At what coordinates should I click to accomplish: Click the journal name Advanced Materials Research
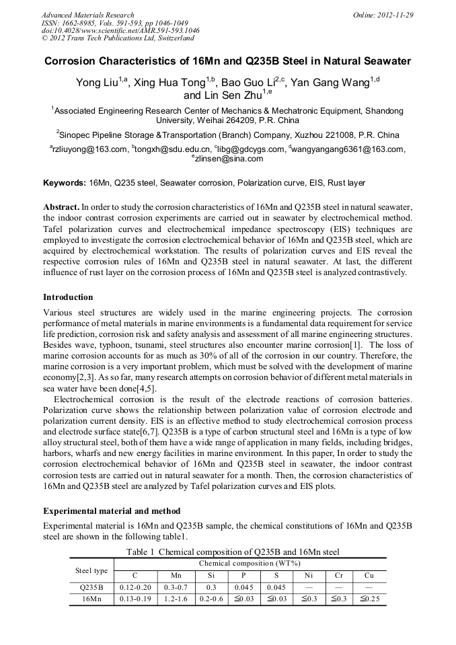coord(87,15)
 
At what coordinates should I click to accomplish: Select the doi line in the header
coord(120,31)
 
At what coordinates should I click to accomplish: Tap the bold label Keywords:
coord(65,183)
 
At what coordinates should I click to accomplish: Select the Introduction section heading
coord(68,297)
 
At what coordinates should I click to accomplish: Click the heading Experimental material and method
coord(112,511)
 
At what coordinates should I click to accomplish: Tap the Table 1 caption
coord(228,552)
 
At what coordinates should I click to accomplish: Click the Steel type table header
coord(91,571)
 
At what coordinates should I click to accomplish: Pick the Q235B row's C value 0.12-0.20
coord(135,587)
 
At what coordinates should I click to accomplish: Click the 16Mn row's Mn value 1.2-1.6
coord(174,599)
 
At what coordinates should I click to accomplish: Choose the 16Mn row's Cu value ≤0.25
coord(369,599)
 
